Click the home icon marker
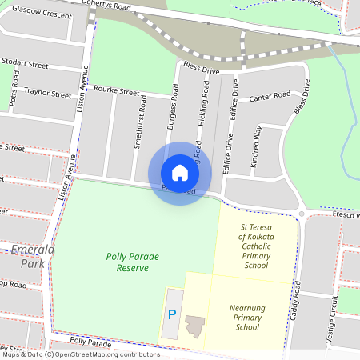(x=180, y=173)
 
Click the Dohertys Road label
(x=107, y=6)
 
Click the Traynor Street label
(x=47, y=94)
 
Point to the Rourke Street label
(x=118, y=91)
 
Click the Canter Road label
(x=270, y=97)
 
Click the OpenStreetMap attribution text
(x=80, y=354)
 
